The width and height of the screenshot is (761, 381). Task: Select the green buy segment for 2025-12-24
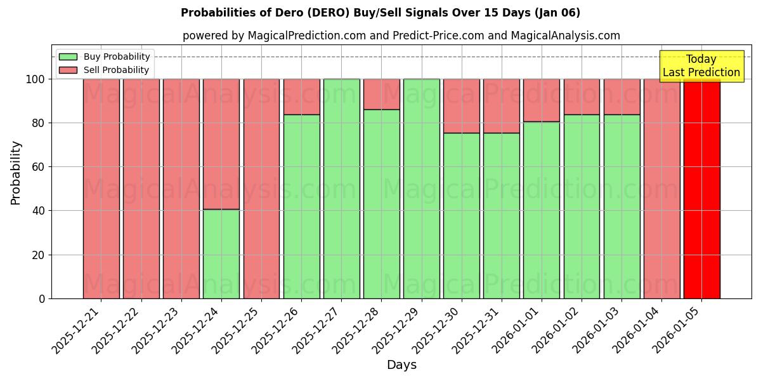pyautogui.click(x=221, y=254)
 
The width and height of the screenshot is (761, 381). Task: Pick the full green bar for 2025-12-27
pyautogui.click(x=341, y=189)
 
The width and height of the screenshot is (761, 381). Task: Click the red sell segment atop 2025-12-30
pyautogui.click(x=462, y=105)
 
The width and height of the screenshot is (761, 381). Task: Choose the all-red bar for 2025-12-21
pyautogui.click(x=101, y=189)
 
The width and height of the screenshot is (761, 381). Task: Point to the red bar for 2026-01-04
pyautogui.click(x=661, y=189)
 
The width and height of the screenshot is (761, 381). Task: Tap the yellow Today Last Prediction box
pyautogui.click(x=701, y=66)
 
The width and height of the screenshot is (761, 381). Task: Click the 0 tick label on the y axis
pyautogui.click(x=42, y=298)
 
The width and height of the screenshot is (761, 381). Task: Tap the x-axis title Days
pyautogui.click(x=401, y=365)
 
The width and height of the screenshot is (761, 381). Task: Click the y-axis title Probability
pyautogui.click(x=16, y=173)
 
